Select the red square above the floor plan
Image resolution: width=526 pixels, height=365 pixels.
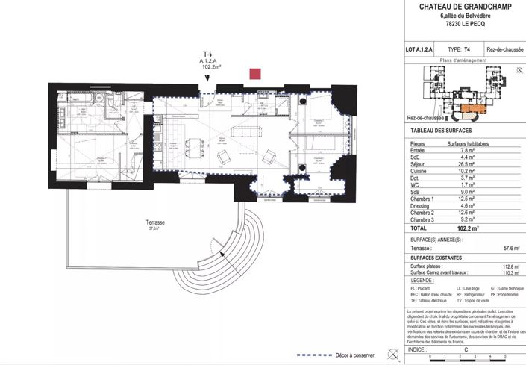coord(255,73)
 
